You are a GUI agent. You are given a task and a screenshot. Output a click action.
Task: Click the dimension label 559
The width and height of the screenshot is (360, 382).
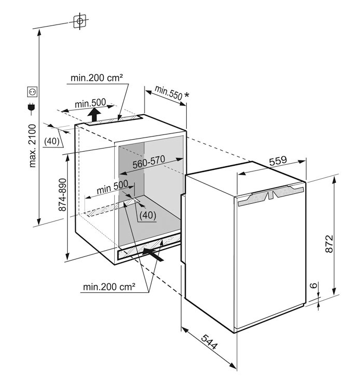click(278, 161)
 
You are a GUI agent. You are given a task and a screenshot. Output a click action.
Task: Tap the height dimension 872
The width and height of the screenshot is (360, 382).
click(328, 241)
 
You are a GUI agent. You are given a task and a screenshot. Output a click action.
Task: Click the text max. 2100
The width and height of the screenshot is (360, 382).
click(32, 145)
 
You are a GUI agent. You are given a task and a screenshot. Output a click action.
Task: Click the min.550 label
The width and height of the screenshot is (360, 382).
click(167, 93)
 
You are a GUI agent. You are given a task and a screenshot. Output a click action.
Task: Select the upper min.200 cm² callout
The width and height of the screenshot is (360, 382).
click(97, 78)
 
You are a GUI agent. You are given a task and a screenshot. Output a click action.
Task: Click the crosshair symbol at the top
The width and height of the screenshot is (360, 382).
click(79, 21)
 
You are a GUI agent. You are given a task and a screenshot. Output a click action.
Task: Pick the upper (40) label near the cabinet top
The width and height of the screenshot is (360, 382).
click(51, 141)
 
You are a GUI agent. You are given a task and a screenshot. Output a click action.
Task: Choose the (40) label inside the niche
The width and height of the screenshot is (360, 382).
click(148, 214)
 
